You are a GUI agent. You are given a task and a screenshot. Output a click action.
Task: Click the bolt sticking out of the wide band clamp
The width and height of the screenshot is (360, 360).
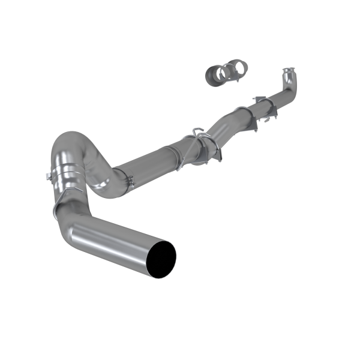[x=47, y=176]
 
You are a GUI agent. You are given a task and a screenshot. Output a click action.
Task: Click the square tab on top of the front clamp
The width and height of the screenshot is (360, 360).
[x=256, y=98]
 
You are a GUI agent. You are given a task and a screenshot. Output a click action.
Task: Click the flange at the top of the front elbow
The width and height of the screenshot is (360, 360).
[x=289, y=73]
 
